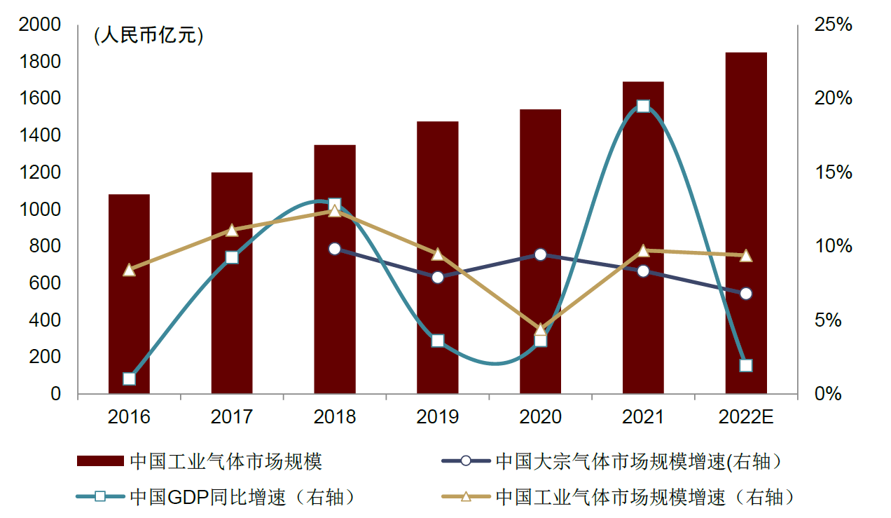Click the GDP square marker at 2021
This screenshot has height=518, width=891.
pos(643,107)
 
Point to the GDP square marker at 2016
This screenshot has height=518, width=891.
pos(129,379)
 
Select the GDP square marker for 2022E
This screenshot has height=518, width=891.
pos(746,365)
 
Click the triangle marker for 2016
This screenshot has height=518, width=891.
pos(129,270)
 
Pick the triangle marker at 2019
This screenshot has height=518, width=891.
pos(438,254)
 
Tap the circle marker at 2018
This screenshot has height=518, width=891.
pos(335,249)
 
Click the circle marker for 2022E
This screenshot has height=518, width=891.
pos(746,293)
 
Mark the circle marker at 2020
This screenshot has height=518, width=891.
pos(540,254)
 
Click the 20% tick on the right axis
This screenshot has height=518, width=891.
pos(834,99)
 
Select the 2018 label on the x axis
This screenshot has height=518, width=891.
pos(335,417)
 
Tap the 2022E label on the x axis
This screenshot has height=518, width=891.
pos(746,417)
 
